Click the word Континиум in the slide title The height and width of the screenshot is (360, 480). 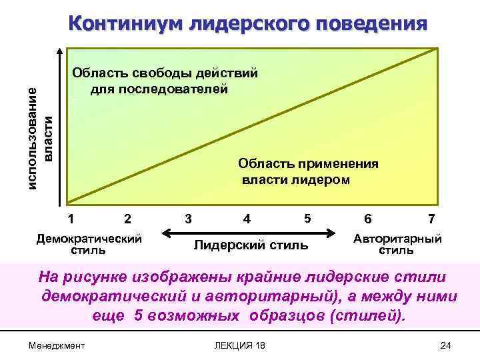coord(127,24)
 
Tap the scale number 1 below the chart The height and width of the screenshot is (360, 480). coord(71,218)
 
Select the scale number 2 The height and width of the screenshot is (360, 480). coord(127,219)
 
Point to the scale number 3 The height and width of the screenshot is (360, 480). coord(189,218)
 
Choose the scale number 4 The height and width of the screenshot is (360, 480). coord(247,219)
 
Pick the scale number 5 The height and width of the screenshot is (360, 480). coord(307,218)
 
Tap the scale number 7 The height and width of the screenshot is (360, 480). coord(432,219)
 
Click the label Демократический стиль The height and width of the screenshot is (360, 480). coord(89,244)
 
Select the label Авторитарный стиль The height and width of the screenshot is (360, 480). coord(397,244)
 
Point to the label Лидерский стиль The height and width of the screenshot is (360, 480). coord(251,245)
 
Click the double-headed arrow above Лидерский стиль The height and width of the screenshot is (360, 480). coord(247,232)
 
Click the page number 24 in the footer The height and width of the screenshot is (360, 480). coord(446,345)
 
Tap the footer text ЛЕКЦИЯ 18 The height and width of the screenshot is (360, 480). coord(237,345)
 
